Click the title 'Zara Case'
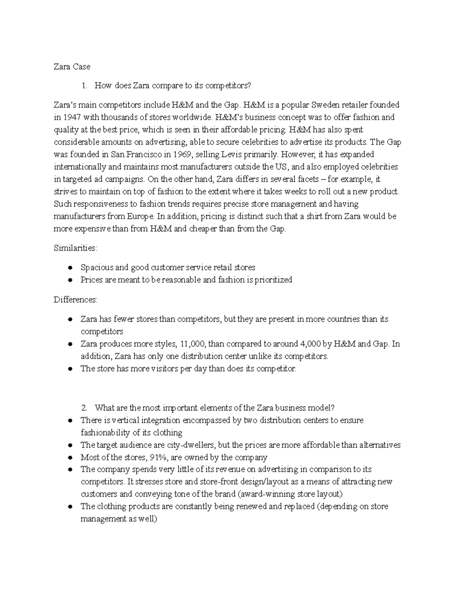point(72,67)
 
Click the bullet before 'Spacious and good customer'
point(70,268)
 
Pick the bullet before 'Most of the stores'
point(70,457)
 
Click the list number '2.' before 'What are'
point(85,408)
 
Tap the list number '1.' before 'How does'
point(85,86)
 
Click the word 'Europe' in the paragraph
point(142,217)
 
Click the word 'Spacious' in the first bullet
point(97,268)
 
